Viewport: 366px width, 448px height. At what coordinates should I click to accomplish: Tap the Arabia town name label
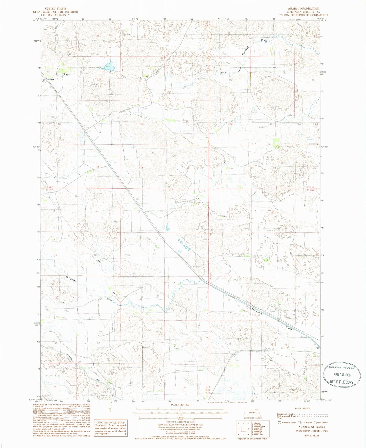tap(51, 79)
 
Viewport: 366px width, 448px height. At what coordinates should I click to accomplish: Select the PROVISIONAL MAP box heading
tap(110, 422)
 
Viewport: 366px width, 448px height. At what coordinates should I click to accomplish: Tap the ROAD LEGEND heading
tap(302, 408)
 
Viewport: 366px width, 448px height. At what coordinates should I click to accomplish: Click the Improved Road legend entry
tap(285, 414)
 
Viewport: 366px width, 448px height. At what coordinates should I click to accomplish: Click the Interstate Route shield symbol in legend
tap(279, 423)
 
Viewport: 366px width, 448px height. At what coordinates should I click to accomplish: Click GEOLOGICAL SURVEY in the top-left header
tap(56, 15)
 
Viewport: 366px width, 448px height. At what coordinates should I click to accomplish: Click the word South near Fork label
tap(223, 73)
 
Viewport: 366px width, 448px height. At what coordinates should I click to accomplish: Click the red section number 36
tap(188, 168)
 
